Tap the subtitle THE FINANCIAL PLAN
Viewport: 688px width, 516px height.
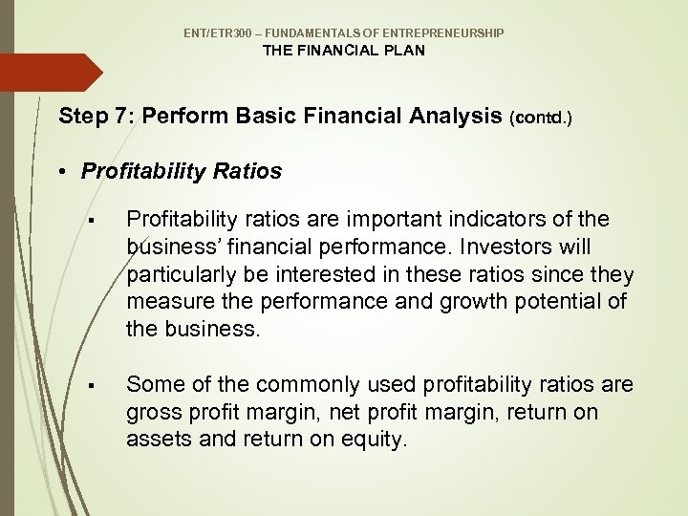[344, 51]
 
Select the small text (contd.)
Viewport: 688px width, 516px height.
[544, 118]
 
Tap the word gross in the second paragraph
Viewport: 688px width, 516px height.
[151, 412]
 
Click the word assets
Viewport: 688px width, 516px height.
[155, 440]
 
